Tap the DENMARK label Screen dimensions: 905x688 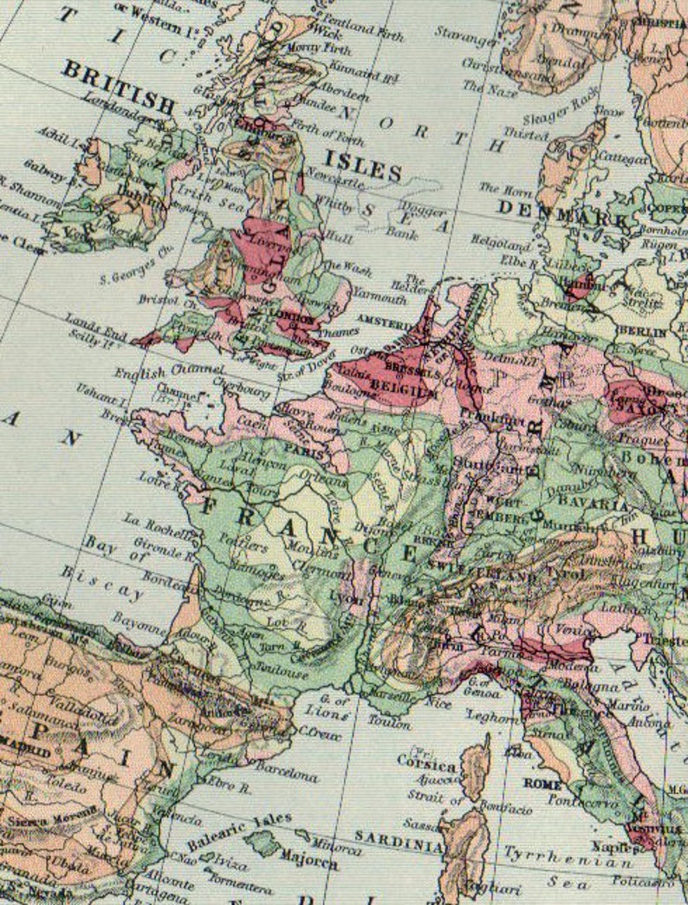pyautogui.click(x=563, y=212)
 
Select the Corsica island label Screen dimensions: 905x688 pyautogui.click(x=427, y=766)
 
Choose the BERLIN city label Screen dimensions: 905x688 pyautogui.click(x=642, y=331)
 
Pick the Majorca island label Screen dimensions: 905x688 pyautogui.click(x=308, y=863)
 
